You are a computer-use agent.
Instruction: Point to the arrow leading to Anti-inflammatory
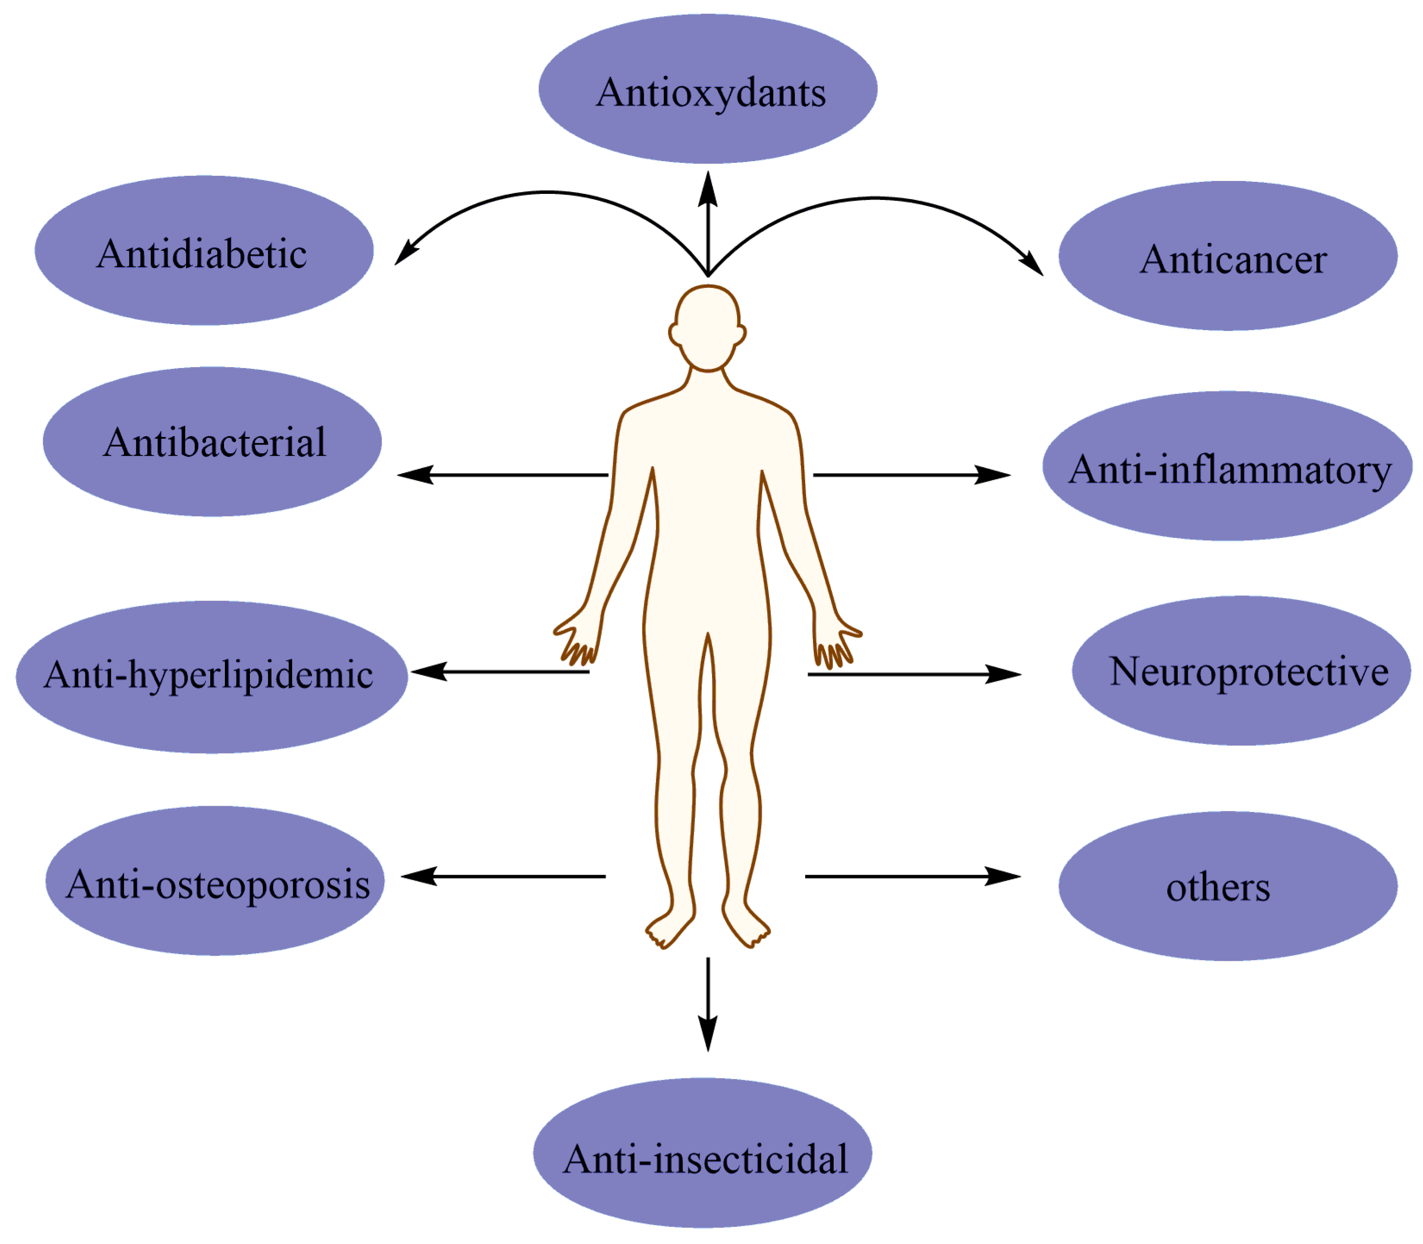[x=911, y=475]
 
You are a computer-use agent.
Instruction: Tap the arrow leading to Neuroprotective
[x=913, y=674]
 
